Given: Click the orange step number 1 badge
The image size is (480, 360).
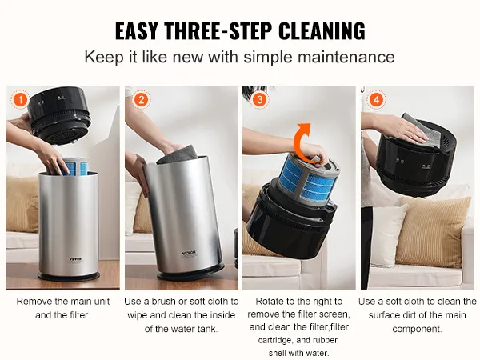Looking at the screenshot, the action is pos(21,100).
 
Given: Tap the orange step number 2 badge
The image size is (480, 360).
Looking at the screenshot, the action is pos(141,100).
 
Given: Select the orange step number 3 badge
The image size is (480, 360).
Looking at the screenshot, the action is pos(259,100).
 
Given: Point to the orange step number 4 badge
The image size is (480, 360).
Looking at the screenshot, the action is pos(377,100).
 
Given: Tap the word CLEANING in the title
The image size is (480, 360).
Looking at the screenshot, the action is pos(322,31).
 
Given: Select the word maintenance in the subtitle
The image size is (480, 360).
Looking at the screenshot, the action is pos(346,57).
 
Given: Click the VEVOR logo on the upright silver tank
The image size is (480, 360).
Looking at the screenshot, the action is pos(75,259).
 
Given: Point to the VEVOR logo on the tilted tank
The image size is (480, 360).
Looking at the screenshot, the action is pos(189,254).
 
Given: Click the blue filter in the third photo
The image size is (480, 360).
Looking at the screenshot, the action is pos(309,174).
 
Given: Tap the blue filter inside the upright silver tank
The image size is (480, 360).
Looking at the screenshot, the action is pos(74,167).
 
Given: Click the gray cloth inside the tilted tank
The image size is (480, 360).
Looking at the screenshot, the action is pos(177,154).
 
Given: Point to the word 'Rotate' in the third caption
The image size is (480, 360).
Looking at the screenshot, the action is pos(270,302).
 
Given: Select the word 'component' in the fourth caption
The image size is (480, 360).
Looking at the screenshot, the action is pos(417,330).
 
